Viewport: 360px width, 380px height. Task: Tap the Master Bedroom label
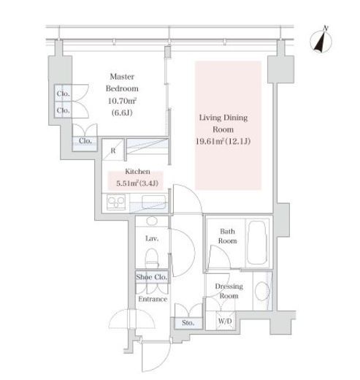click(x=122, y=83)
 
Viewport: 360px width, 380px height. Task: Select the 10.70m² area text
click(x=122, y=100)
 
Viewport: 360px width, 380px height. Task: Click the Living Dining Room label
click(x=223, y=123)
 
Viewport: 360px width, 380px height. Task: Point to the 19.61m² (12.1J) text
click(x=223, y=141)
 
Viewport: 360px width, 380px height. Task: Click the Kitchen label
click(x=137, y=171)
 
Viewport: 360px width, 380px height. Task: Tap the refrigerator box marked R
click(x=113, y=150)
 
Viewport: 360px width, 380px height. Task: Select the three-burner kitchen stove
click(x=116, y=202)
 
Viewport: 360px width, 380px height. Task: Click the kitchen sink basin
click(x=154, y=202)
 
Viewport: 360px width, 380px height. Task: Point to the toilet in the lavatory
click(x=152, y=258)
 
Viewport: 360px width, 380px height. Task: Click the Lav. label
click(x=152, y=238)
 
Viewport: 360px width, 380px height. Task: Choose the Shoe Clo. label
click(x=151, y=277)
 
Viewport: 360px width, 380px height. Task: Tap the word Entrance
click(x=153, y=299)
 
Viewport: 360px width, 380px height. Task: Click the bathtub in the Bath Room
click(x=257, y=243)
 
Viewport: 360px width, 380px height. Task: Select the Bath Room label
click(x=227, y=236)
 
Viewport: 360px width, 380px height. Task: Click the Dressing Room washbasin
click(x=262, y=292)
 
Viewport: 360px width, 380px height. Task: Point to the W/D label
click(x=225, y=321)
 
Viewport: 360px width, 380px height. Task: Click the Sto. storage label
click(x=188, y=323)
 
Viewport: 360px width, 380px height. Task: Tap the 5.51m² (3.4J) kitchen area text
click(x=137, y=183)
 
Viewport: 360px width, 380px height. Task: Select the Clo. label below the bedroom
click(x=85, y=140)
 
